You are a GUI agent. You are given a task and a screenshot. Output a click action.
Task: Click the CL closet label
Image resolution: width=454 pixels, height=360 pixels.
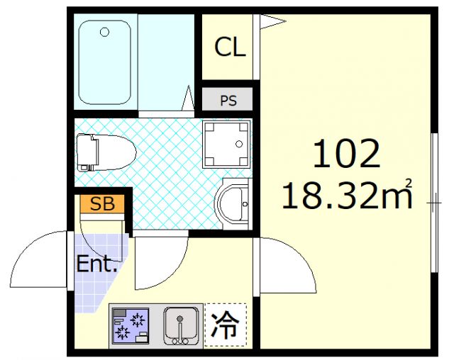pos(230,48)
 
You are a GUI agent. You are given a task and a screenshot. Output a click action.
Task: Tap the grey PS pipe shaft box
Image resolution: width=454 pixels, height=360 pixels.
pos(228,100)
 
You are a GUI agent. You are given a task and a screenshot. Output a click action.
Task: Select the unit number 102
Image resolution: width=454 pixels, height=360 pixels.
pos(347,154)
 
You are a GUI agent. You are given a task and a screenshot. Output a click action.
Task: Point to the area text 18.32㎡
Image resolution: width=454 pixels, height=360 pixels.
pos(347,195)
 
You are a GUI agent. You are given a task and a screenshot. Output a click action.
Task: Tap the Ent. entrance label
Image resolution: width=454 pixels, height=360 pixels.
pos(96,266)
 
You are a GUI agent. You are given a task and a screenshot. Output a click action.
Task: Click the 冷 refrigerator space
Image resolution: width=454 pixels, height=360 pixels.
pos(225,325)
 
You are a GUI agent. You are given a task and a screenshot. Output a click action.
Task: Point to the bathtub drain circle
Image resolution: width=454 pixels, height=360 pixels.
pos(105,32)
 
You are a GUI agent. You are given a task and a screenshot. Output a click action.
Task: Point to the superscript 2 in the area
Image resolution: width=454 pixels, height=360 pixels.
pos(409,184)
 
